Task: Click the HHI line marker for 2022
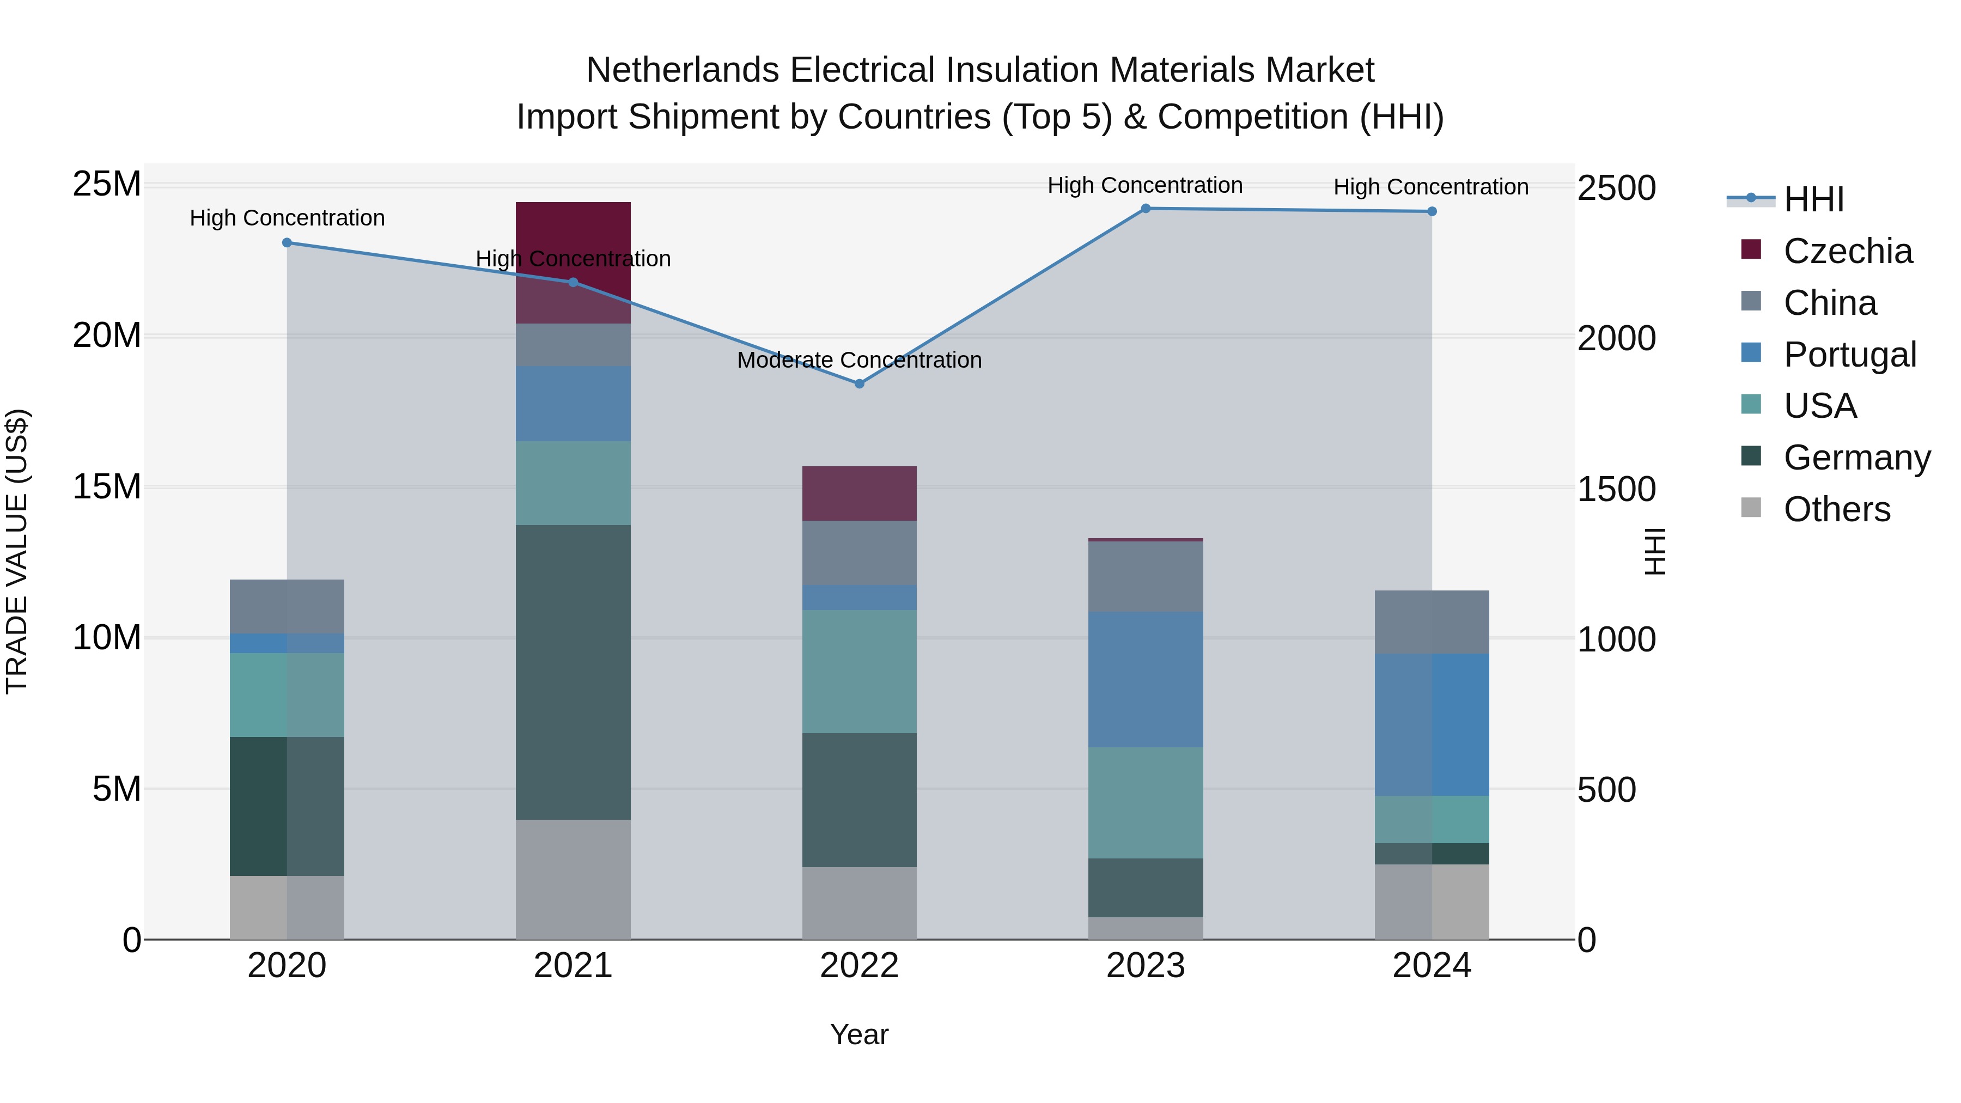(x=860, y=383)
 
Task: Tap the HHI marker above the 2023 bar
(x=1146, y=209)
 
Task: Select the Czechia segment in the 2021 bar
(x=573, y=228)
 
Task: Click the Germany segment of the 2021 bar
(x=573, y=672)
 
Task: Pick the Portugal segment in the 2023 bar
(x=1146, y=680)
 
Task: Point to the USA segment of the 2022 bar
(x=860, y=672)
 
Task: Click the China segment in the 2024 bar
(x=1432, y=622)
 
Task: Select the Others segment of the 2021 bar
(x=573, y=879)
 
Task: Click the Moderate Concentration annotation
(x=860, y=360)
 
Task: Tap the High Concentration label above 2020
(x=287, y=218)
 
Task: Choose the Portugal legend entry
(x=1849, y=355)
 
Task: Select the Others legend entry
(x=1836, y=509)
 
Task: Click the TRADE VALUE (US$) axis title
(x=17, y=551)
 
